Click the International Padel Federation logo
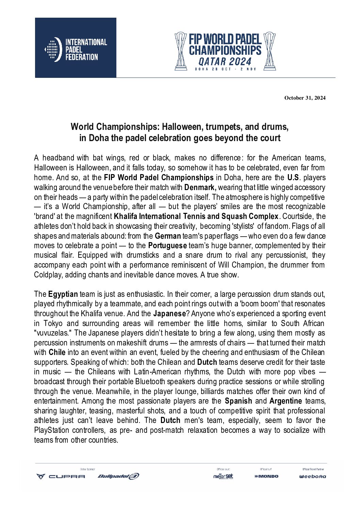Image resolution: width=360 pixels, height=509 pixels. tap(76, 48)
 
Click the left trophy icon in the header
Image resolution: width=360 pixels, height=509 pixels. tap(181, 51)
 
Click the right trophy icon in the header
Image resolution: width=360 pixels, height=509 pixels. tap(270, 51)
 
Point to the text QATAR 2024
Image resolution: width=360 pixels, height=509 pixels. tap(225, 62)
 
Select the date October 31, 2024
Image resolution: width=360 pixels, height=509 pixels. tap(305, 98)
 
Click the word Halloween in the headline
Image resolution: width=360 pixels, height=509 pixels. tap(177, 127)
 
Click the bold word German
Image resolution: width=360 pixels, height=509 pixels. tap(168, 236)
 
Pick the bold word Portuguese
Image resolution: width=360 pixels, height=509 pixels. tap(167, 245)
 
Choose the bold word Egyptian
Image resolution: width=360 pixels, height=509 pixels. tap(63, 294)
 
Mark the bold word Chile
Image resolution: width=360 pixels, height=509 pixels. tap(57, 352)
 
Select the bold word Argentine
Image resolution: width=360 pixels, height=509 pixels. tap(285, 401)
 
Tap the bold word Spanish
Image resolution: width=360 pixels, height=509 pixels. tap(239, 401)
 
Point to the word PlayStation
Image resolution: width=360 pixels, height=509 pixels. tap(52, 430)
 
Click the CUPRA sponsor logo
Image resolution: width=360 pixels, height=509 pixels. tap(61, 476)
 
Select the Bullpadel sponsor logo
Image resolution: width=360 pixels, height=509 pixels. tap(118, 476)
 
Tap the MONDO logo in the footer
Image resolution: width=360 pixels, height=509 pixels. tap(266, 476)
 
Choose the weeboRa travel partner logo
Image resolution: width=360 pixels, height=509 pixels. tap(312, 476)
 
